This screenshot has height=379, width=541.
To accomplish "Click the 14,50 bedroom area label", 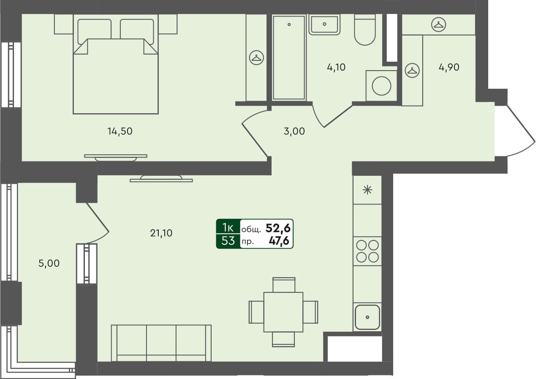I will pos(120,131).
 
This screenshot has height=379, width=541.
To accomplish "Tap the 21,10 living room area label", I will pos(161,233).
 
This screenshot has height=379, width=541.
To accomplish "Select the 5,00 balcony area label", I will pos(49,264).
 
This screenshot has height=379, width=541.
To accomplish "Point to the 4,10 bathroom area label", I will pos(336,67).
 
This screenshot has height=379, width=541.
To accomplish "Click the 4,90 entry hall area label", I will pos(449,67).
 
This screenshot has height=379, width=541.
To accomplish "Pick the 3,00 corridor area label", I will pos(294,131).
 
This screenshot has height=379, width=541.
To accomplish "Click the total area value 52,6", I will pos(278,228).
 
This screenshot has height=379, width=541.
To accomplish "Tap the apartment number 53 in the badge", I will pos(228,241).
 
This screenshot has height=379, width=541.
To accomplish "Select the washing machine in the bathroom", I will pos(382,86).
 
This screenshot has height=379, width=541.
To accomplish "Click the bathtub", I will pos(289,57).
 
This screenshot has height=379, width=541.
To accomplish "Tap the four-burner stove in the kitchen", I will pos(367,251).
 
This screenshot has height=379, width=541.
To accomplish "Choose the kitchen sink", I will pos(367,317).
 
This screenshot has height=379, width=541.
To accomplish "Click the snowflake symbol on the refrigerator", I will pos(367,190).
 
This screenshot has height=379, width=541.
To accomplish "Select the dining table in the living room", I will pos(283,312).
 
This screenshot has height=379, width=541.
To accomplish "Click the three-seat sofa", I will pos(161,343).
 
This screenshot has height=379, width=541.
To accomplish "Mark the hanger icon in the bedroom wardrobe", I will pos(256,57).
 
